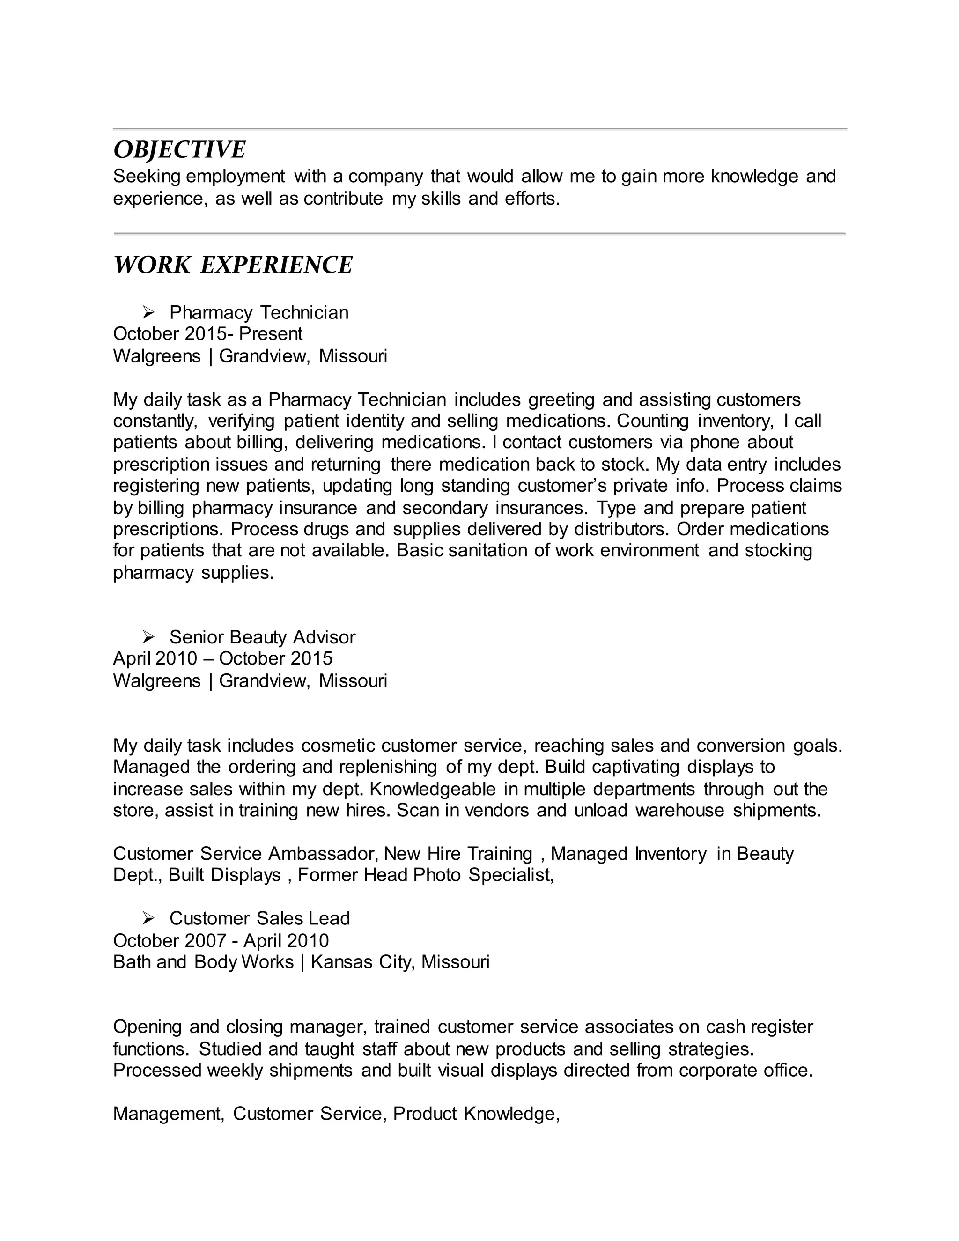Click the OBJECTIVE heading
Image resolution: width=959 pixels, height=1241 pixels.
pyautogui.click(x=179, y=150)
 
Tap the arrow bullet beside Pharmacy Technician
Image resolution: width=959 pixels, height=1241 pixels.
pyautogui.click(x=149, y=312)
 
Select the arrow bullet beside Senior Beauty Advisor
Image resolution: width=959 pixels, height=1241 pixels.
pyautogui.click(x=149, y=636)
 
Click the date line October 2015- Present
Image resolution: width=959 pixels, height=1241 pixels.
pyautogui.click(x=208, y=333)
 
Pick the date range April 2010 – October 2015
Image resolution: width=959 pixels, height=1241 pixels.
pyautogui.click(x=223, y=658)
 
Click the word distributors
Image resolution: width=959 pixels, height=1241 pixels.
pyautogui.click(x=622, y=529)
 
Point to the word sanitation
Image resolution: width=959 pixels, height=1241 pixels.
pyautogui.click(x=487, y=550)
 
